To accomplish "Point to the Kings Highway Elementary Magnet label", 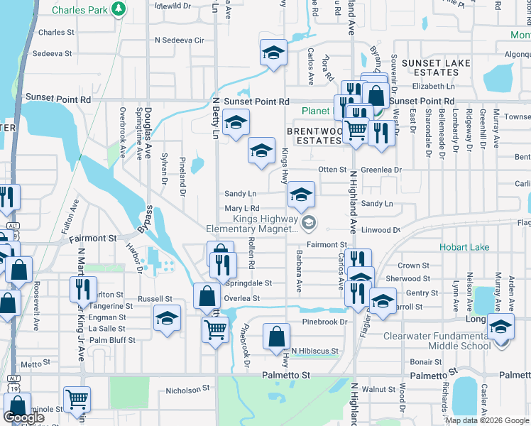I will [251, 224].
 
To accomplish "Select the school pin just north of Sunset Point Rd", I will [273, 53].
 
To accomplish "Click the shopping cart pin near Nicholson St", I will [77, 399].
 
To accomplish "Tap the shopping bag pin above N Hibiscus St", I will [276, 337].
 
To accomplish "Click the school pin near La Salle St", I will [168, 318].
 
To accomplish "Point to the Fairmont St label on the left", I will [92, 239].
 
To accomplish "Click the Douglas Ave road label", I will [148, 132].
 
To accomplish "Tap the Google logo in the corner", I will [23, 417].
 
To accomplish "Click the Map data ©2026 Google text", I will [486, 420].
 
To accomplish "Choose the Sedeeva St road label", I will [53, 53].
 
